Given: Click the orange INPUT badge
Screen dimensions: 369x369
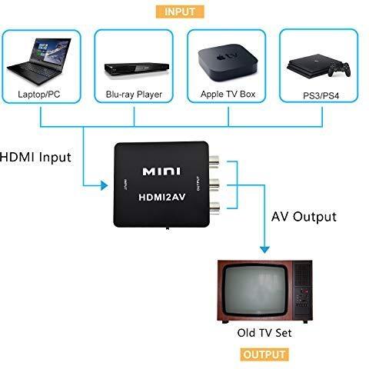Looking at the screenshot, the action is click(x=180, y=12).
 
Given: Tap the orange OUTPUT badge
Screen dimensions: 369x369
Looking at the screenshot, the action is click(x=264, y=354).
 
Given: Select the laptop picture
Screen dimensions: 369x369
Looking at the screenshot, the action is click(x=39, y=61).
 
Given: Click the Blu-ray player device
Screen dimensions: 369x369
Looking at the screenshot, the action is click(x=137, y=68).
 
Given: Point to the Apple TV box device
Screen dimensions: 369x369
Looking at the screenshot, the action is click(x=228, y=63).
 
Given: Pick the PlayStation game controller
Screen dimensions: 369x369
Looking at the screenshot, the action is click(x=339, y=69).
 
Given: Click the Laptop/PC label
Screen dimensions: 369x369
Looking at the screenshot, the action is click(x=39, y=94).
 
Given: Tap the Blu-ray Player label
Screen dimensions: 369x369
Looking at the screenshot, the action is click(x=134, y=95).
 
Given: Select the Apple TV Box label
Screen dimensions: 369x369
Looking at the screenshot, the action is click(x=228, y=94).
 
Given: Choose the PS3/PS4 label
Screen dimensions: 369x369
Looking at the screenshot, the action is click(x=321, y=96).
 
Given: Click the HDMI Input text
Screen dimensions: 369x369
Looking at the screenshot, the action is click(x=35, y=157).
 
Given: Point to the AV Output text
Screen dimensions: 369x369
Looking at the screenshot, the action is click(x=304, y=217).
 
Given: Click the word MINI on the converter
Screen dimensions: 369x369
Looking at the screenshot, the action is click(x=161, y=171).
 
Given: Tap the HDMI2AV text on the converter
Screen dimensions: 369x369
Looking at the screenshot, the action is click(x=161, y=198).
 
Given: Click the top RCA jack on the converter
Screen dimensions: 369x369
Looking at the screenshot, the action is click(x=214, y=161).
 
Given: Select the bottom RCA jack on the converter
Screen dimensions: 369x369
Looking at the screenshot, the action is click(x=214, y=208).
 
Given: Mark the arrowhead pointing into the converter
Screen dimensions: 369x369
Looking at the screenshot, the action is click(x=104, y=185).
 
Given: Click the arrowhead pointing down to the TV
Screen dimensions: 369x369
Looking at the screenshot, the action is click(x=264, y=250).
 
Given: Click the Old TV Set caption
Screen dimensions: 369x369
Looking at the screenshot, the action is click(x=264, y=333).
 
